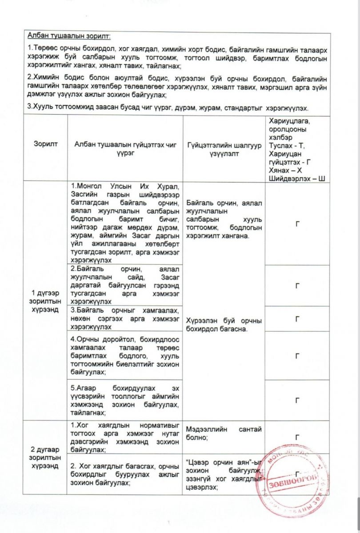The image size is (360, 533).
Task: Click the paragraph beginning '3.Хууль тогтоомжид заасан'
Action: click(171, 108)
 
